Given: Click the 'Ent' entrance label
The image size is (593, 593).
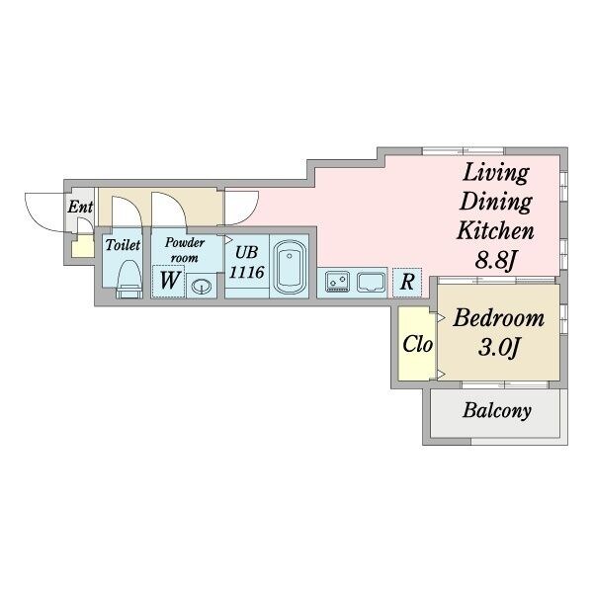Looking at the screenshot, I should pos(79,208).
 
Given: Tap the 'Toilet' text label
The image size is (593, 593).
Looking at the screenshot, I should pos(124,244).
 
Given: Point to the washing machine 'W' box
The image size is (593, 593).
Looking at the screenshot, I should pos(169,282).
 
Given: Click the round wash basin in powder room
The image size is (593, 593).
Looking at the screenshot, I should pos(201,287).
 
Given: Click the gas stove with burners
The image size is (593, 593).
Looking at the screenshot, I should pos(337,282).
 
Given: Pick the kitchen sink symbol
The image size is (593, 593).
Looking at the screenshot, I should pos(372,282).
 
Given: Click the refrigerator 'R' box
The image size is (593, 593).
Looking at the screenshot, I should pos(406,282).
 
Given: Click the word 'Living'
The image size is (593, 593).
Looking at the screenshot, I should pos(496,171).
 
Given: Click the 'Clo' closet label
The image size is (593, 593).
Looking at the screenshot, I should pos(416,346).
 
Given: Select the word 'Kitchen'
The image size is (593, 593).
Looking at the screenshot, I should pos(495,232).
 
